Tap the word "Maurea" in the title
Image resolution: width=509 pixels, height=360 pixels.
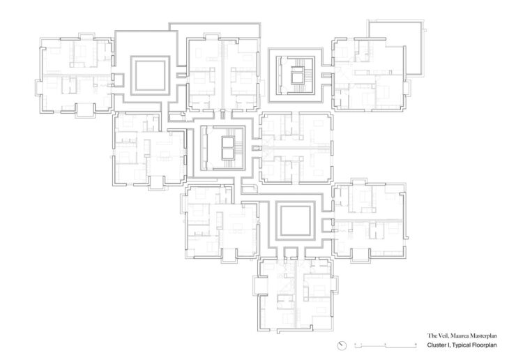pyautogui.click(x=458, y=336)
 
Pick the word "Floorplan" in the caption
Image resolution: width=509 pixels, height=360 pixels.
pyautogui.click(x=484, y=345)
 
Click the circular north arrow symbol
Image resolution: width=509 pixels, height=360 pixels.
pyautogui.click(x=342, y=346)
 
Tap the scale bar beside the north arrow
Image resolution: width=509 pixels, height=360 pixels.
pyautogui.click(x=386, y=345)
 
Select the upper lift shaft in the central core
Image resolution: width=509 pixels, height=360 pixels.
pyautogui.click(x=227, y=142)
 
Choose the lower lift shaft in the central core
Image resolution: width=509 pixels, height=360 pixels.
pyautogui.click(x=227, y=154)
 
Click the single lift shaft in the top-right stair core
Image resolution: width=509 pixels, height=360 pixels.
pyautogui.click(x=296, y=77)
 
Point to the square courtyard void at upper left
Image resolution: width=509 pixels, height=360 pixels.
pyautogui.click(x=150, y=76)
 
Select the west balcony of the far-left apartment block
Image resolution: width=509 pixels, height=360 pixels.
pyautogui.click(x=38, y=87)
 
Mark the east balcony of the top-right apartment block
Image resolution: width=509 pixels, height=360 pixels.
pyautogui.click(x=407, y=88)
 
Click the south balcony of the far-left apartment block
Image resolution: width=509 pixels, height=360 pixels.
pyautogui.click(x=85, y=110)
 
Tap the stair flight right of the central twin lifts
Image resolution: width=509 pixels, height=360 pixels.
pyautogui.click(x=239, y=148)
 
